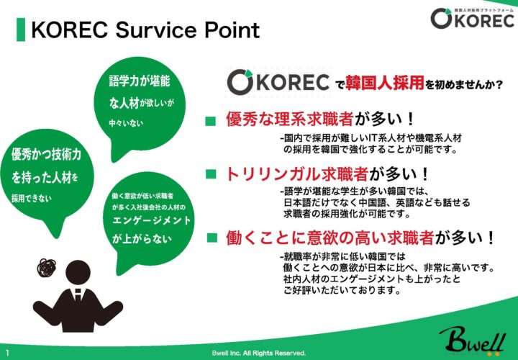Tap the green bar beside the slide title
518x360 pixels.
(x=21, y=30)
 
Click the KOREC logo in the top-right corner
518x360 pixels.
(x=473, y=18)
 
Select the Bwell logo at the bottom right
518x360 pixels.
(x=473, y=341)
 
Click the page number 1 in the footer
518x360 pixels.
(x=7, y=352)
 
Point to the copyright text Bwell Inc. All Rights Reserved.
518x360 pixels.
(x=259, y=353)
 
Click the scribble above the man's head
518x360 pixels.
(x=46, y=267)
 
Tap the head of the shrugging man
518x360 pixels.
(x=78, y=273)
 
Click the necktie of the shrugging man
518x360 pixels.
(x=78, y=295)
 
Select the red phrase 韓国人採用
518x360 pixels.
(x=385, y=83)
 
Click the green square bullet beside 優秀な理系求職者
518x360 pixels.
(x=210, y=121)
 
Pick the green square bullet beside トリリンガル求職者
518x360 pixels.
(x=211, y=174)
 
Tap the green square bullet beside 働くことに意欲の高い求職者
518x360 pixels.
(x=212, y=238)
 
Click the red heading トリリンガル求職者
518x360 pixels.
(x=297, y=174)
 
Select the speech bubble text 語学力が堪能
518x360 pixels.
(x=140, y=81)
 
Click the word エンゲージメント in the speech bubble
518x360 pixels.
(x=152, y=220)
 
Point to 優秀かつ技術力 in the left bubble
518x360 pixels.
(x=46, y=154)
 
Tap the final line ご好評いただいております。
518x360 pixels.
(x=342, y=291)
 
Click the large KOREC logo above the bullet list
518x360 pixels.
(x=278, y=82)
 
